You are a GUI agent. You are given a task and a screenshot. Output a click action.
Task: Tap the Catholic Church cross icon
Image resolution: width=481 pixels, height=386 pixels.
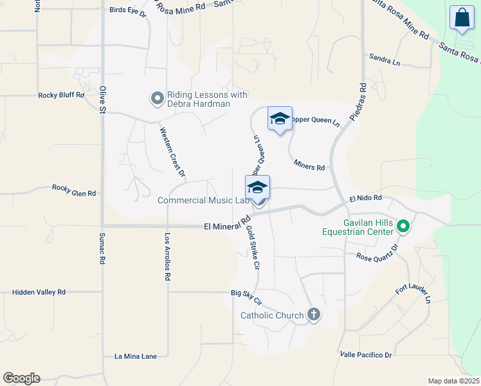click(x=313, y=315)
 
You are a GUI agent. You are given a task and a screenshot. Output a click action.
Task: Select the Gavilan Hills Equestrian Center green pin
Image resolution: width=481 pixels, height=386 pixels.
click(x=404, y=226)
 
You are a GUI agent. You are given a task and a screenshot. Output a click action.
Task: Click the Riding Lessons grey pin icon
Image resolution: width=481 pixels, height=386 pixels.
click(x=157, y=98)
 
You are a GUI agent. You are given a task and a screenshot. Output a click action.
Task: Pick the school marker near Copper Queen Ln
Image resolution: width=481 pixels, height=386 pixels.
click(x=280, y=119)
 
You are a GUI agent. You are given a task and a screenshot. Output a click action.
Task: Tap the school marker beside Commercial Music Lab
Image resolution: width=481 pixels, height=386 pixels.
click(x=257, y=188)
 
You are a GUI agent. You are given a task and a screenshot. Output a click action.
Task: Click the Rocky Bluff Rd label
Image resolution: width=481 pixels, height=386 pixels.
click(x=61, y=95)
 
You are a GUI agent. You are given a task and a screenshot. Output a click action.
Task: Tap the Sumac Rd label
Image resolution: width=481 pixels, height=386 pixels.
click(x=102, y=252)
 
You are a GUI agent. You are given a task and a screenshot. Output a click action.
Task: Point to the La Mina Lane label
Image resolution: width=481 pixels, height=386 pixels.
click(x=136, y=356)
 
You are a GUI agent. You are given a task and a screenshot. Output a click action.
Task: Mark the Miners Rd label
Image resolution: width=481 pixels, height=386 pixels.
click(x=309, y=167)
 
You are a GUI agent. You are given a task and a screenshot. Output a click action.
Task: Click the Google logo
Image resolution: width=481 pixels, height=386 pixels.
click(x=21, y=378)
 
